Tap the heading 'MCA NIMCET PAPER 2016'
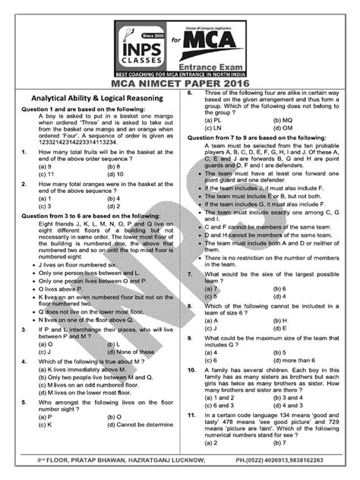click(x=179, y=82)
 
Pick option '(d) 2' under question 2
click(x=115, y=205)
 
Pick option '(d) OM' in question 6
click(x=283, y=128)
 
